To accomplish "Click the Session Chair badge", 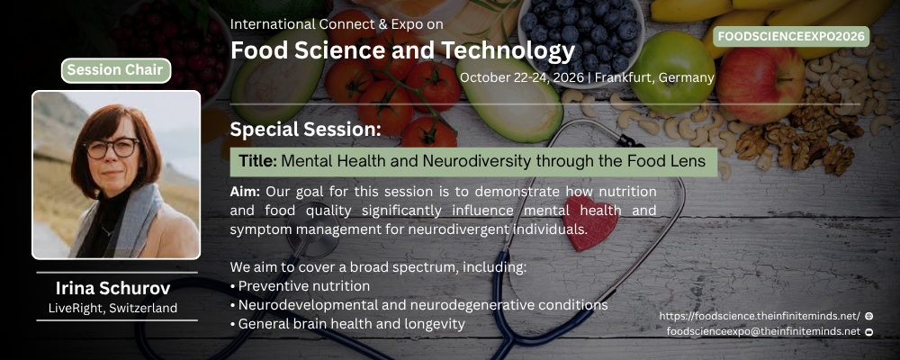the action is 116,70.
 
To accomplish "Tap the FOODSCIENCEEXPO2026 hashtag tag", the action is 791,37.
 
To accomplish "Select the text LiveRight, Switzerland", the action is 112,309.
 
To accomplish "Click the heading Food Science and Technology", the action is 402,50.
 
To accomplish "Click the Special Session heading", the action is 305,130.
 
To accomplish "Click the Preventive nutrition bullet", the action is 301,286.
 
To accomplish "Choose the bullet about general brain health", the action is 347,324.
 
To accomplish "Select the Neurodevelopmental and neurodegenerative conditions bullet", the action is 419,305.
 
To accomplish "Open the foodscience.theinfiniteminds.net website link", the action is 760,316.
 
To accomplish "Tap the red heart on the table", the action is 589,223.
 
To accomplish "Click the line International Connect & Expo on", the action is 337,24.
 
